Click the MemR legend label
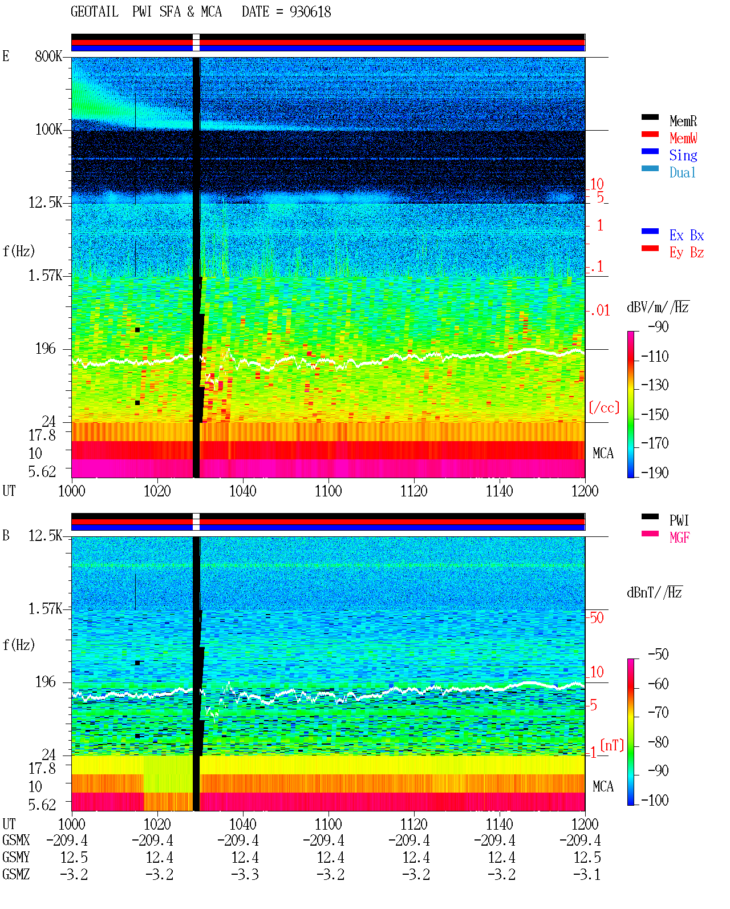[683, 121]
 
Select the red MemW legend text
[683, 138]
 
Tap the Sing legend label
[683, 155]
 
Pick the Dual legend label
[682, 172]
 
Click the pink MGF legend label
[679, 538]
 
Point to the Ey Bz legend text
[687, 253]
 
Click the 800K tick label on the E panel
[48, 56]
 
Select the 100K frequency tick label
[48, 130]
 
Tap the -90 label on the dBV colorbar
[658, 326]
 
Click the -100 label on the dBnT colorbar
[655, 800]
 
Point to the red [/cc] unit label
[604, 407]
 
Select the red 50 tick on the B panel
[597, 617]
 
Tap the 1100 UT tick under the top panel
[328, 491]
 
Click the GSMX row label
[16, 840]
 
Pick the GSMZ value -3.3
[245, 874]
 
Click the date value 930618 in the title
[310, 12]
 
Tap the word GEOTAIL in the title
[95, 11]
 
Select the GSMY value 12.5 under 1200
[587, 858]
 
